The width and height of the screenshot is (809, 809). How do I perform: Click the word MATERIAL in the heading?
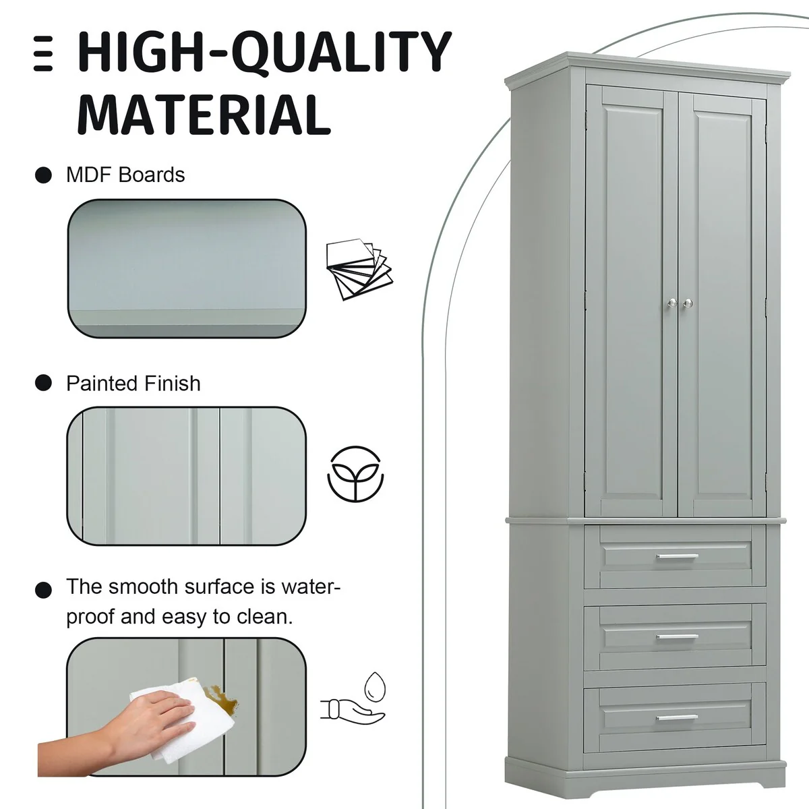coord(204,114)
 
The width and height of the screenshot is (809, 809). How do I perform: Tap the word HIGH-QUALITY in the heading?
coord(264,52)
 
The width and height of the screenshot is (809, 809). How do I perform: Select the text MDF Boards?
coord(125,175)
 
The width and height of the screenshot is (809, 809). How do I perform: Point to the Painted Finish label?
coord(133,384)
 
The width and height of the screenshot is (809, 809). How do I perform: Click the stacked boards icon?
coord(359,269)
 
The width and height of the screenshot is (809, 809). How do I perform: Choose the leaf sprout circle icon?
coord(355,474)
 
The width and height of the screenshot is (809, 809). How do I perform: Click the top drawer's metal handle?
coord(677,557)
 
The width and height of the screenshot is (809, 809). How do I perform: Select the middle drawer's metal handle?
coord(677,636)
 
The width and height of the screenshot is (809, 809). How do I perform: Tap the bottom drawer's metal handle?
coord(677,717)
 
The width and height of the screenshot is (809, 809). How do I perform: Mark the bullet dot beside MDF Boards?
coord(43,175)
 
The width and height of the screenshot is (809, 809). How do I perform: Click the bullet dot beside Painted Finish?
coord(43,383)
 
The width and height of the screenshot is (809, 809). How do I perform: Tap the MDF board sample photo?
coord(187,268)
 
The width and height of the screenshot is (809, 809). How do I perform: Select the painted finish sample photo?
coord(186,476)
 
